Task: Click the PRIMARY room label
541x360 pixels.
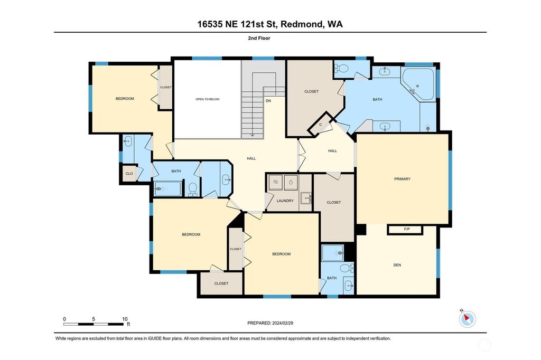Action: pos(402,179)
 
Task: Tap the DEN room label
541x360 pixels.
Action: pos(397,265)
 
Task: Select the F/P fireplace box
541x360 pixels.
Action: pos(405,230)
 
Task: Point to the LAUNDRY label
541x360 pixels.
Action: pos(285,201)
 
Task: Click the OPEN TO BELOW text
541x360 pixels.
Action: pos(207,99)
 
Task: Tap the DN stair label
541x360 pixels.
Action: pos(268,101)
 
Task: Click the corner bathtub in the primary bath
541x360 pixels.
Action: pos(418,85)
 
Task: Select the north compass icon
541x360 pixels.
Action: pos(467,318)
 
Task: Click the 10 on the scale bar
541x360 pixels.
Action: pos(125,319)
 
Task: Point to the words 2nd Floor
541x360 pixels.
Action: pos(259,39)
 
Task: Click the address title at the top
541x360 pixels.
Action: pos(270,24)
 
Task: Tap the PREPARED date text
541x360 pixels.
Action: pos(270,323)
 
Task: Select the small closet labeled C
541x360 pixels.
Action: pos(321,125)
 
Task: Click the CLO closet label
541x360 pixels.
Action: pos(129,174)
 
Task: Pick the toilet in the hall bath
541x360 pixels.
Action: pos(192,188)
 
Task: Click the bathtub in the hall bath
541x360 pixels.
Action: pos(167,189)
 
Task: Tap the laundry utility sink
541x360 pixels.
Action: pos(306,198)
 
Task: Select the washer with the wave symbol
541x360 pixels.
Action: pos(275,182)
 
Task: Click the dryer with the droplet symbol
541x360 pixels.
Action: pos(291,182)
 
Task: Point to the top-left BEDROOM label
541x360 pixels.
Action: pos(125,99)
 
